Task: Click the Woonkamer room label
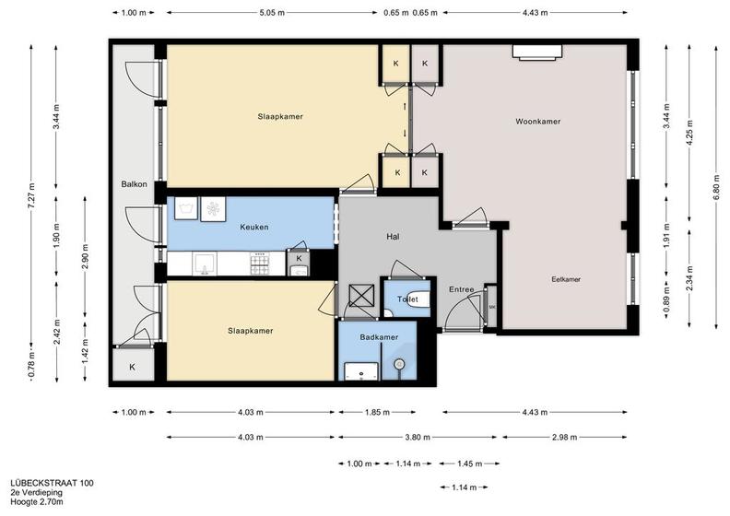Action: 537,122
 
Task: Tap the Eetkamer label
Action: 566,279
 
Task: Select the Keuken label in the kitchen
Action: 254,227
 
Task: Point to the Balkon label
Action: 134,184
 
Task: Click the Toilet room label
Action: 407,299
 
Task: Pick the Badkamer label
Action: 379,337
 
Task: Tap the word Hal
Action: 393,237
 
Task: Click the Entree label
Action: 462,289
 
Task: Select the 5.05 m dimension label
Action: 272,13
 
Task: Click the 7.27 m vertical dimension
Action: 31,196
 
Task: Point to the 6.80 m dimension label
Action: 716,187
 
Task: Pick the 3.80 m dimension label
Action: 418,438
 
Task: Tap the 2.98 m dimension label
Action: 564,438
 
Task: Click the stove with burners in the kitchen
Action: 260,264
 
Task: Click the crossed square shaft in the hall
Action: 361,296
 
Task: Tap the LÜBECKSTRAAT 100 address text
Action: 52,484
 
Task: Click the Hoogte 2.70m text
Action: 37,501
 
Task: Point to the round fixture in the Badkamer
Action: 399,364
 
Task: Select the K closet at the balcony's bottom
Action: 133,366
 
